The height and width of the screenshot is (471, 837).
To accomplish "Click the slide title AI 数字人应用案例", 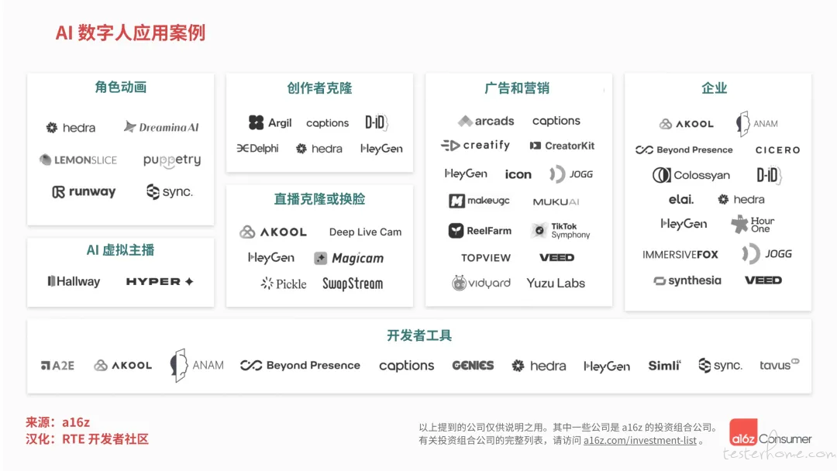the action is point(130,33).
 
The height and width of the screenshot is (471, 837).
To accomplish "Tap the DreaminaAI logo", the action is point(161,127).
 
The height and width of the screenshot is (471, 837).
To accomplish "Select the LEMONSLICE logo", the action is point(78,160).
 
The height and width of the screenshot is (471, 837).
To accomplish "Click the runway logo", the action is point(84,191).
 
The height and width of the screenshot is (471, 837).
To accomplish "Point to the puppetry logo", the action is point(172,160).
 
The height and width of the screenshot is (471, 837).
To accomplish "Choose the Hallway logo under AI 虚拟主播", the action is point(74,281).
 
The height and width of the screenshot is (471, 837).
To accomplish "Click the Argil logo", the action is point(270,122).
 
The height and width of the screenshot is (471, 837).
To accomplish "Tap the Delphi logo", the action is point(258,148).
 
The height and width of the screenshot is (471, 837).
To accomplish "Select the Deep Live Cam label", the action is point(365,232).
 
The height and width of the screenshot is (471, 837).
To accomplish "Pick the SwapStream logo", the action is point(353,284).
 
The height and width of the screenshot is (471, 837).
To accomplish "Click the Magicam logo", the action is point(349,258).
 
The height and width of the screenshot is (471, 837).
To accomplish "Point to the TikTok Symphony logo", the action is point(560,230).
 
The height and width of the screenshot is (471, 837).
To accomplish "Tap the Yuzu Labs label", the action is point(556,284).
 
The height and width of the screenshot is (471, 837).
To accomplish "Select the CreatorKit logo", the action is point(562,146).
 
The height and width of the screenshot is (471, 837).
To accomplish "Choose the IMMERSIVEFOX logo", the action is point(680,254).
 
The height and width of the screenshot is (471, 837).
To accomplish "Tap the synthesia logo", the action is point(687,280).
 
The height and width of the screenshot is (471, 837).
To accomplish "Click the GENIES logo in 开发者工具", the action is point(473,366).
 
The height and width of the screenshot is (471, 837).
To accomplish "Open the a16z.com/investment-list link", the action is point(640,441).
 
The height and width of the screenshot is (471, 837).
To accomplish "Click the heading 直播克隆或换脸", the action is point(319,199).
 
